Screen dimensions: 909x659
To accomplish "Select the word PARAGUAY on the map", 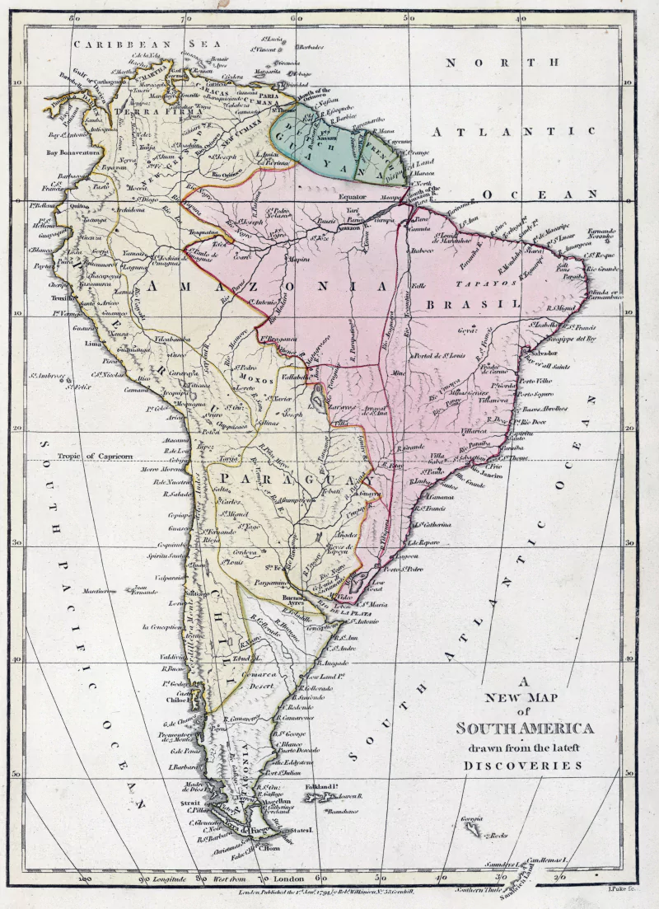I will tap(289, 480).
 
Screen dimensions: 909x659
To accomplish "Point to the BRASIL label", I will tap(474, 304).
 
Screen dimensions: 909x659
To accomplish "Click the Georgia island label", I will tap(472, 818).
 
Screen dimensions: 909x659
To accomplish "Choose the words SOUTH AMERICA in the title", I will tap(525, 729).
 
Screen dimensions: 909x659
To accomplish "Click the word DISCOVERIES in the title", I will tap(522, 765).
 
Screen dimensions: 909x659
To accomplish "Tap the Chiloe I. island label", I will tap(175, 701).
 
